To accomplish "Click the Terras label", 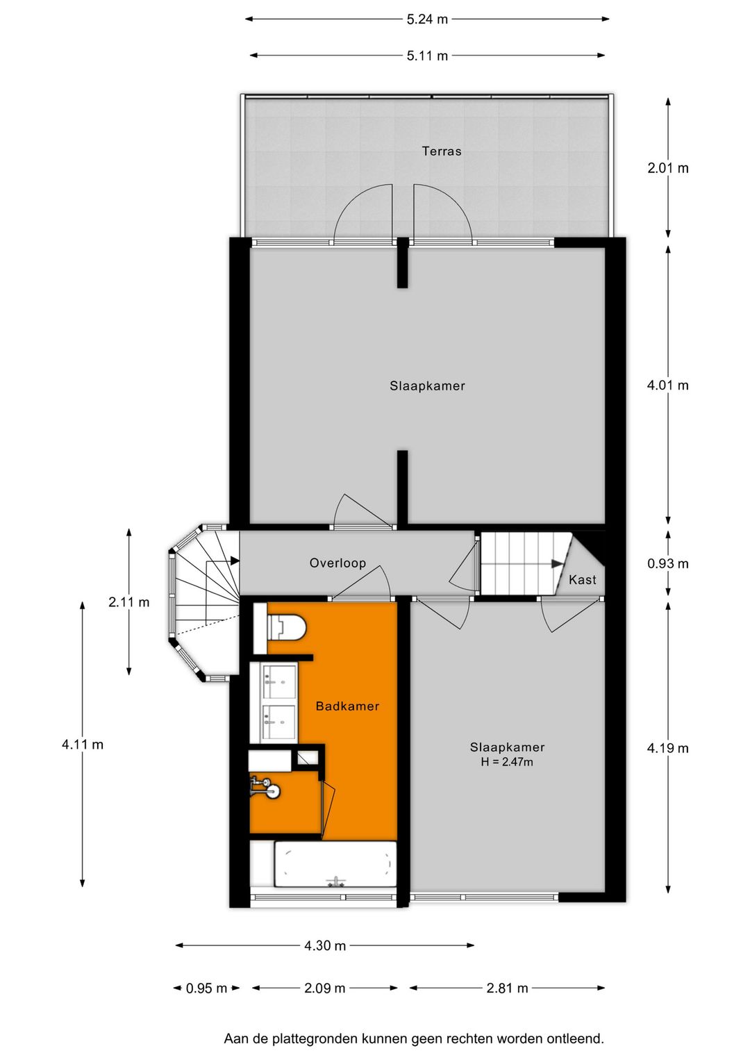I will tap(441, 151).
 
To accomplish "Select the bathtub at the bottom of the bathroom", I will tap(335, 864).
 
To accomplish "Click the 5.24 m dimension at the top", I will tap(427, 19).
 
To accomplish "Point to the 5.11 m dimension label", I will tap(427, 56).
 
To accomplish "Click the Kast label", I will tap(582, 579).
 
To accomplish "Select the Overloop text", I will tap(337, 563).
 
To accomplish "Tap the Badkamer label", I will tap(347, 706).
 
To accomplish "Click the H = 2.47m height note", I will tap(507, 762).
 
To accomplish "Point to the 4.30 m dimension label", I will tap(324, 945).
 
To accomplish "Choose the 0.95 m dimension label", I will tap(206, 988).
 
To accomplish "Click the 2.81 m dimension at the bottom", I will tap(507, 988).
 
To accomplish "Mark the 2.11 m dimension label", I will tap(128, 602).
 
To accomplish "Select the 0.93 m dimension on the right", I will tap(667, 563).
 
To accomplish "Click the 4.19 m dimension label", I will tap(667, 748).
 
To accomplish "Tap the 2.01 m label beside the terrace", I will tap(667, 167).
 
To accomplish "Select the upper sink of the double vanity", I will tap(279, 681).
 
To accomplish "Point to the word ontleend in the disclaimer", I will tap(574, 1038).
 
